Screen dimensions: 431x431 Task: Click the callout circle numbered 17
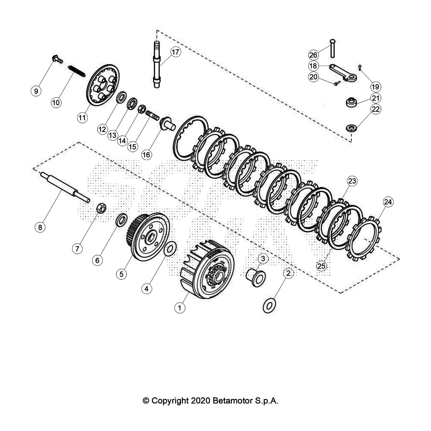pos(175,52)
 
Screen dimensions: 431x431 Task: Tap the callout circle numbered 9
pos(36,91)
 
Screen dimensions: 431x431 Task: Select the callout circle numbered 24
pos(388,202)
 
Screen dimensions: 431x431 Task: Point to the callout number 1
pos(180,308)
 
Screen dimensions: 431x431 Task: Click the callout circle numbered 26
pos(313,55)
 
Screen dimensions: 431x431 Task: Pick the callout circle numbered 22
pos(376,109)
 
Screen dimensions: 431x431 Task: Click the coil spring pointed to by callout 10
pos(77,71)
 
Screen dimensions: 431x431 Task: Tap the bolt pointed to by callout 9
pos(58,59)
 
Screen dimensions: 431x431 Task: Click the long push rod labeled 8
pos(65,187)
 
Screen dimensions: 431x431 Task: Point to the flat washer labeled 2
pos(269,306)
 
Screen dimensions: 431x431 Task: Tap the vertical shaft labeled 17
pos(157,64)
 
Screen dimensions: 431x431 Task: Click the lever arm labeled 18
pos(343,72)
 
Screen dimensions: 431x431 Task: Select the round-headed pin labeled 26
pos(333,48)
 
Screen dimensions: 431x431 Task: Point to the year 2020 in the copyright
pos(201,401)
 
